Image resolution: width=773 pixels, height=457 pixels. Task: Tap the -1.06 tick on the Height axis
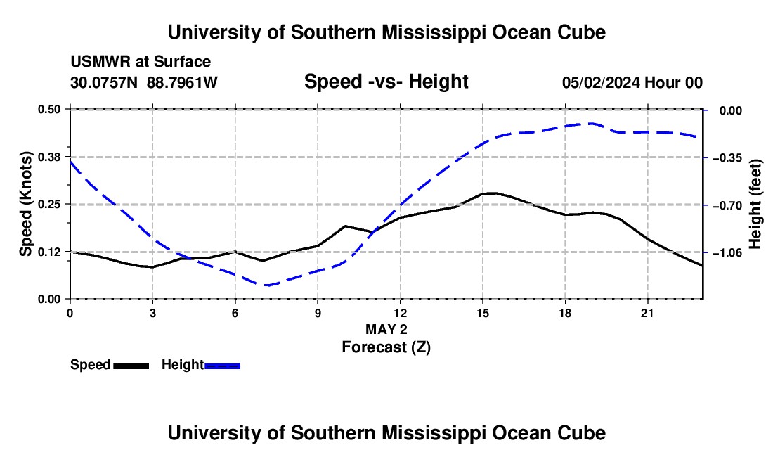[x=731, y=253]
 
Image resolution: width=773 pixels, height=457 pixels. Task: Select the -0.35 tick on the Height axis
[x=731, y=158]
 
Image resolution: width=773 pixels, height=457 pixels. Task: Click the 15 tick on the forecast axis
[x=483, y=313]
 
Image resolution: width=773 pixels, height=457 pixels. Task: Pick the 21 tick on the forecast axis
[x=647, y=313]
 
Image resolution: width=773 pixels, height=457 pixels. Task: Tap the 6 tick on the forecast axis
[x=235, y=313]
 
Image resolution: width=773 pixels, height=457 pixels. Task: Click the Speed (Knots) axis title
[x=26, y=204]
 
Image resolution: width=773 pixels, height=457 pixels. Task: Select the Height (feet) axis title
[x=755, y=204]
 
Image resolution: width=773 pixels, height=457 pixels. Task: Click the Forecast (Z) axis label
[x=386, y=347]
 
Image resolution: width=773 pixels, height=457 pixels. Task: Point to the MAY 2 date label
[x=386, y=329]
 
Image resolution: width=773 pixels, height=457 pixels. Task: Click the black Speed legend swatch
[x=131, y=366]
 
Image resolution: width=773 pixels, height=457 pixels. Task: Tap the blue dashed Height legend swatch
[x=222, y=366]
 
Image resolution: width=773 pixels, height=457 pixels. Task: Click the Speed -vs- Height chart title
[x=386, y=82]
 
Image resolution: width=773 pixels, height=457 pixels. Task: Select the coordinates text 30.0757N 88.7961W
[x=144, y=82]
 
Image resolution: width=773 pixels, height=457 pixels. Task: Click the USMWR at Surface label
[x=141, y=62]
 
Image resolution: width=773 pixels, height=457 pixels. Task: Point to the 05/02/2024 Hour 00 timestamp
[x=632, y=82]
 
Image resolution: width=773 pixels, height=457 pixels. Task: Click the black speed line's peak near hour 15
[x=491, y=193]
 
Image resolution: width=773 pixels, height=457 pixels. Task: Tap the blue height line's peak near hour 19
[x=591, y=123]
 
